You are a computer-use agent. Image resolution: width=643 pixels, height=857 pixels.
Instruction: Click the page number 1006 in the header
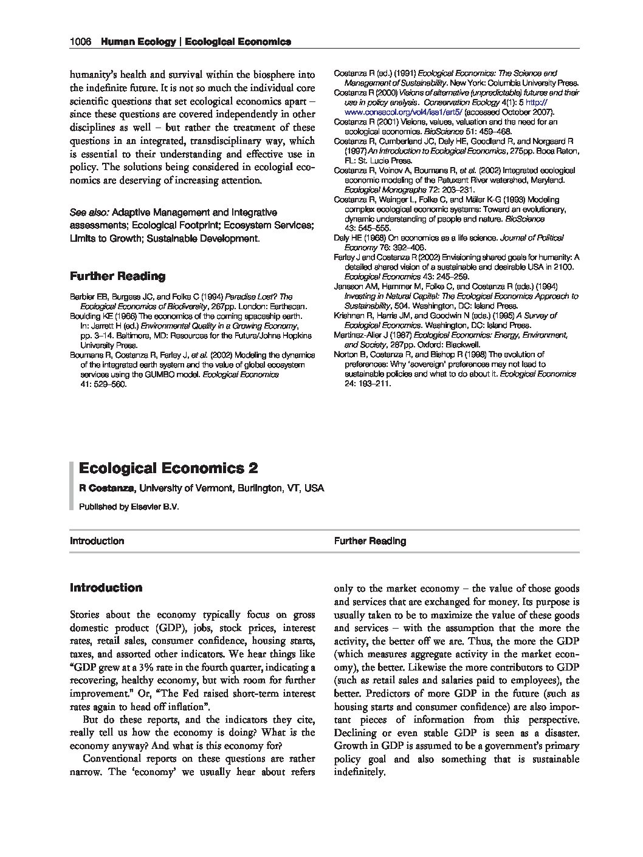[x=80, y=42]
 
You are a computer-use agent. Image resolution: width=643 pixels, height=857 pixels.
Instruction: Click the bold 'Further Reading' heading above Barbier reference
[x=117, y=276]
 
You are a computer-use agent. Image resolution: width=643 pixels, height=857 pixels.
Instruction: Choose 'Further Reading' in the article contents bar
[x=370, y=541]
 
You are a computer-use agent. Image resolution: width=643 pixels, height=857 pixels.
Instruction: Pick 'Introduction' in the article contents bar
[x=97, y=541]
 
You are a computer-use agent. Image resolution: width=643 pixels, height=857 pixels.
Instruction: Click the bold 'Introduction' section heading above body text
[x=106, y=588]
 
